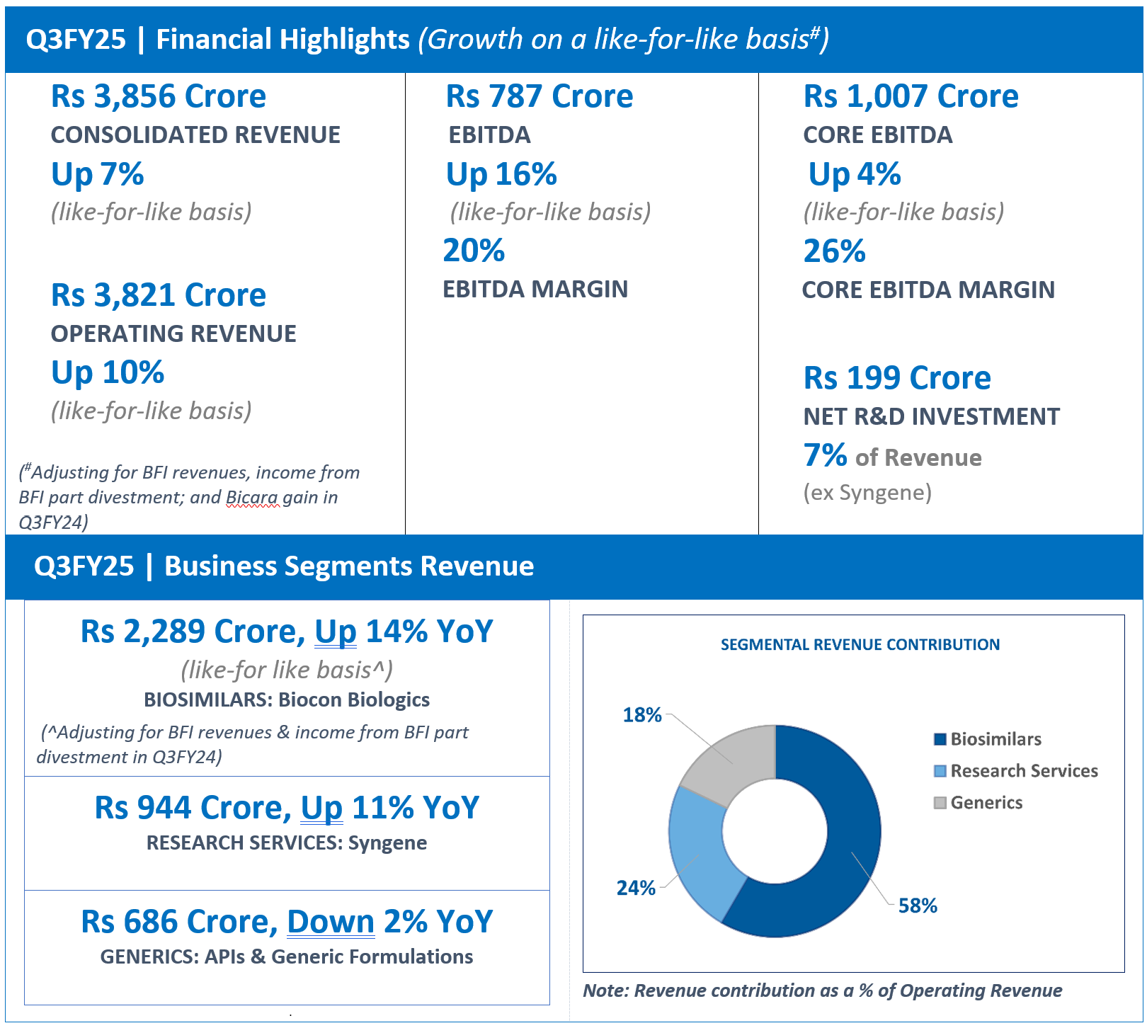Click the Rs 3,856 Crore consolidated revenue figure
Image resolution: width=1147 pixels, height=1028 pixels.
pos(159,96)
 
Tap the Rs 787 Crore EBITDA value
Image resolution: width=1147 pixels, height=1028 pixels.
pos(540,96)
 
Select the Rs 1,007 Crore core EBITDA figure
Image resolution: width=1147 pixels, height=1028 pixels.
pos(911,96)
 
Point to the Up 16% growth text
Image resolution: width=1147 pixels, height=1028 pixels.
pos(501,174)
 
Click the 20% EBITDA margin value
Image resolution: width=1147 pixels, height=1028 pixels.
pos(474,251)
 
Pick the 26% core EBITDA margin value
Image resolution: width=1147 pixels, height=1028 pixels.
pos(834,251)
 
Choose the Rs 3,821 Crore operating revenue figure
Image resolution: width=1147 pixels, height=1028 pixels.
pos(159,295)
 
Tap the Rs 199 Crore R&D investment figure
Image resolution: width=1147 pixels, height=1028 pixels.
pos(897,378)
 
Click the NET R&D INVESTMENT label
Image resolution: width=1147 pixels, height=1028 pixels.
pos(932,417)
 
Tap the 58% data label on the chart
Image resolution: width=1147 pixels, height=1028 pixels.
pos(918,906)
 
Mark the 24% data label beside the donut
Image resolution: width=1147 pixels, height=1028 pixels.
pos(636,888)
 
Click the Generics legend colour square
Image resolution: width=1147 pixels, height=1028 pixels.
pos(940,803)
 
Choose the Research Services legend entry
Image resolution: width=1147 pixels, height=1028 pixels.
pos(1016,771)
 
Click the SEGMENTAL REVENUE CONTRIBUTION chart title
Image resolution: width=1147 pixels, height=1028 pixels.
pos(860,644)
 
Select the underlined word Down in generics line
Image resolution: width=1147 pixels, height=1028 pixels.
pos(331,922)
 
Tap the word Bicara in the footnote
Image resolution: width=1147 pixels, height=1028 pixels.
pos(252,497)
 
